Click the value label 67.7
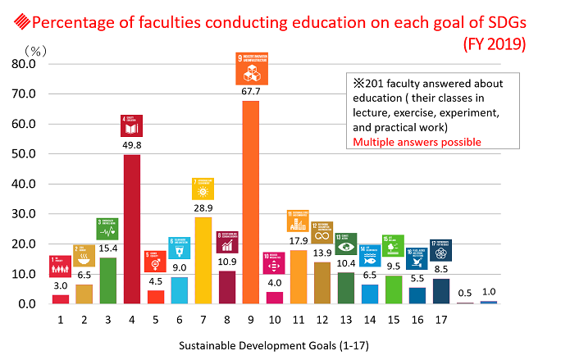coord(250,93)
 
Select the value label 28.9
coord(203,209)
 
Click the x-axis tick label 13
coord(345,318)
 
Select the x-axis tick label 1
coord(60,318)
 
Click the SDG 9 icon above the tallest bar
coord(250,69)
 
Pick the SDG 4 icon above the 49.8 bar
coord(132,125)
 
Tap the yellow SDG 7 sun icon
coord(203,189)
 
